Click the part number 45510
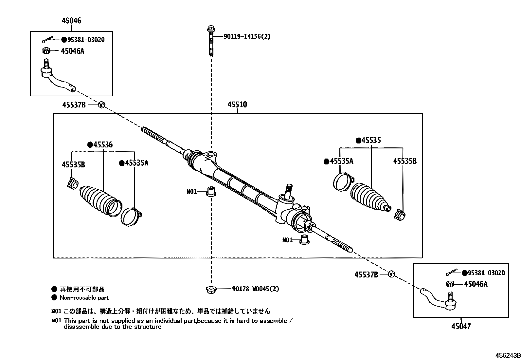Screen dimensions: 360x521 237,105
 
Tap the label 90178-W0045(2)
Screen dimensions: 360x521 256,289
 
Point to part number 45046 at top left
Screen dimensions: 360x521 71,21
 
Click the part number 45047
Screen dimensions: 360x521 461,326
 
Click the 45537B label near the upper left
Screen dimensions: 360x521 74,105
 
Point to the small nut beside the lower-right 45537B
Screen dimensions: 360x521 391,274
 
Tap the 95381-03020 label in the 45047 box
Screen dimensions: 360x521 486,273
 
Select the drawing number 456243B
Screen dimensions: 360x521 507,356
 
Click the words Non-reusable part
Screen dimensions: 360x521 84,298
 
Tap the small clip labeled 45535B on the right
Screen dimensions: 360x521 400,215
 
